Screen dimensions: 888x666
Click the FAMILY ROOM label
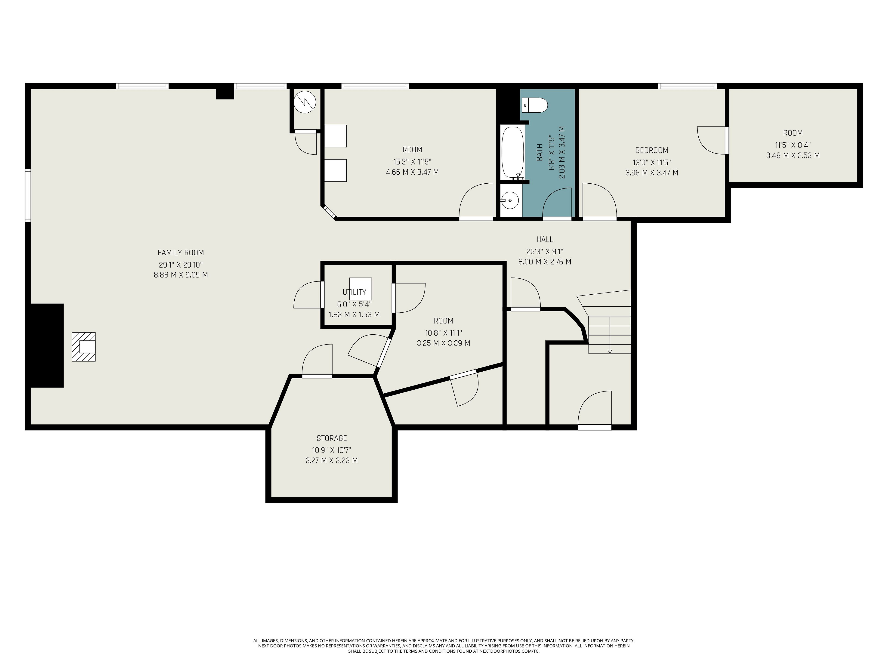181,253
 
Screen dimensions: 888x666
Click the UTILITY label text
354,292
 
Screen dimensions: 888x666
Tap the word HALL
545,239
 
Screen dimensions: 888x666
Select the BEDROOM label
652,150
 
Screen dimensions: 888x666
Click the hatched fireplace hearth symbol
83,347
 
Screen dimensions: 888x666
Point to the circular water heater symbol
305,102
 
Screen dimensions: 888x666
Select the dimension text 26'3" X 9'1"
545,251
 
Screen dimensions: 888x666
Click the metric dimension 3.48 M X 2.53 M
793,155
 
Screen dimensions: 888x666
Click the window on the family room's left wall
28,195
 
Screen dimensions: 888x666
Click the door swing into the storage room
317,360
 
